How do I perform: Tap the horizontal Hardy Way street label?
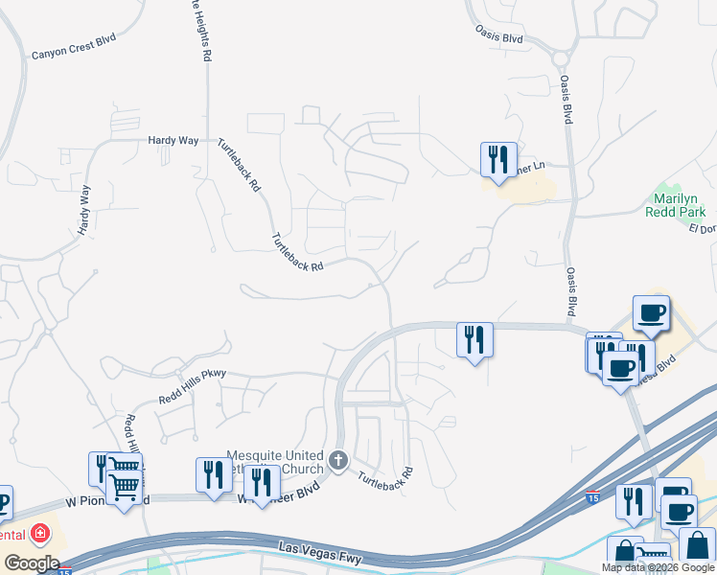[173, 140]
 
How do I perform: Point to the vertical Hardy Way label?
[83, 211]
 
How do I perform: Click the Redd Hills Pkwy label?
[192, 386]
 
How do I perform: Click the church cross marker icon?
[337, 462]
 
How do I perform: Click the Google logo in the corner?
[32, 563]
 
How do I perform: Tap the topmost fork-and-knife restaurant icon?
[498, 160]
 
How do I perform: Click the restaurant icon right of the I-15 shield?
[634, 501]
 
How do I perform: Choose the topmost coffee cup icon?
[651, 312]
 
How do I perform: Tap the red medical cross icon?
[40, 532]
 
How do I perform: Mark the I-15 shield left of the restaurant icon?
[594, 497]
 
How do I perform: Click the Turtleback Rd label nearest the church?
[385, 475]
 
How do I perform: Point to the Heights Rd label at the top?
[197, 29]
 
